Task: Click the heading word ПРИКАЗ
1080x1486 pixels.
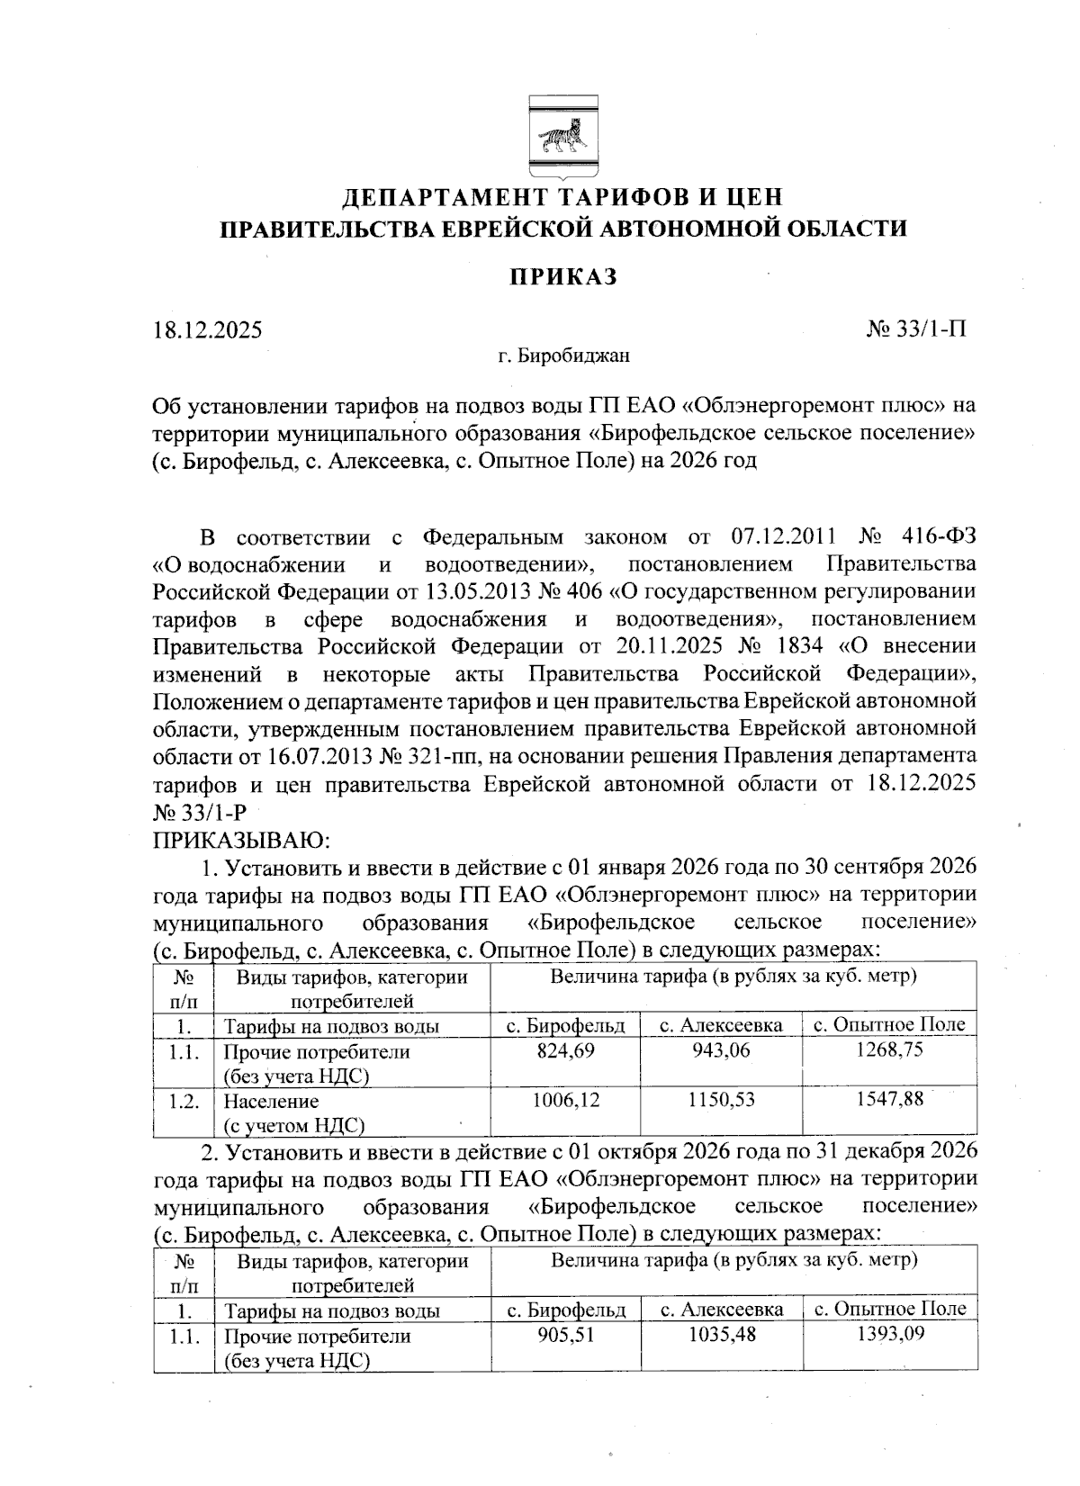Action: [x=564, y=276]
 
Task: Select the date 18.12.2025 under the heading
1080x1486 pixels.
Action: [x=207, y=329]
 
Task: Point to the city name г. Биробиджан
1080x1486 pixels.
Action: [x=564, y=356]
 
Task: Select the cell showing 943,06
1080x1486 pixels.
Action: [x=721, y=1050]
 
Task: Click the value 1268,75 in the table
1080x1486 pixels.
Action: [x=889, y=1050]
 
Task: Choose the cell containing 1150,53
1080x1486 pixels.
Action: [x=721, y=1099]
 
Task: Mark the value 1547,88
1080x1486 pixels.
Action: [x=889, y=1099]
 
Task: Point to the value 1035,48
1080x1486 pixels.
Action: [x=721, y=1335]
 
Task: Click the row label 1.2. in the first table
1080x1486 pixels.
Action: [x=183, y=1100]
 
